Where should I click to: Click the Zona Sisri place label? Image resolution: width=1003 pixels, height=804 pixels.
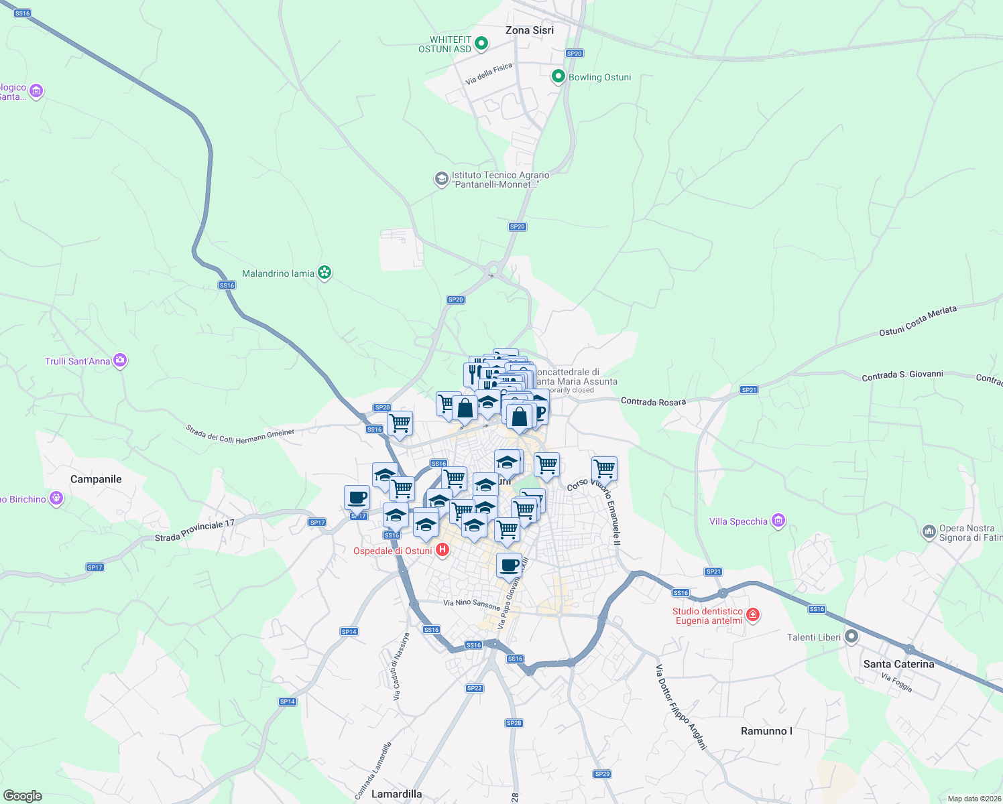click(x=529, y=30)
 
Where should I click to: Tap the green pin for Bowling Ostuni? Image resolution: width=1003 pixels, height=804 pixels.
click(x=558, y=77)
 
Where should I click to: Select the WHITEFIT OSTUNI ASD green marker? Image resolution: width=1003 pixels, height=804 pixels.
click(x=481, y=44)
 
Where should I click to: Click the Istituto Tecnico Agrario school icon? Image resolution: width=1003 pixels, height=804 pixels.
click(x=441, y=179)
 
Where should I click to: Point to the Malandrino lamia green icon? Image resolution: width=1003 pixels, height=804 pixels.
click(x=324, y=273)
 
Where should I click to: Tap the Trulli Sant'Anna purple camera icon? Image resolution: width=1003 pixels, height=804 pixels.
click(x=120, y=361)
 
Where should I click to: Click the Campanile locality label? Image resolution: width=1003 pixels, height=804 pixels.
click(x=96, y=479)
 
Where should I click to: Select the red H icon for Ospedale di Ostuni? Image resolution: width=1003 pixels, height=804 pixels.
click(x=442, y=551)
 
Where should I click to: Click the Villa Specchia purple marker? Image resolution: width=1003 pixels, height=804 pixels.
click(x=778, y=521)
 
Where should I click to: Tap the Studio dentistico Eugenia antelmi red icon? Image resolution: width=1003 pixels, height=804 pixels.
click(x=753, y=615)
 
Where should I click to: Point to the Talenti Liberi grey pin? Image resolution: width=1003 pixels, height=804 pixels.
click(x=851, y=636)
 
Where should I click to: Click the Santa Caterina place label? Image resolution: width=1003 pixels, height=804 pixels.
click(x=898, y=664)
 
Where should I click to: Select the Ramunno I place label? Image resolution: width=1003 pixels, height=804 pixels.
click(x=766, y=731)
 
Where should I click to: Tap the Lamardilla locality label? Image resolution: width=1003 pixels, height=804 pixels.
click(x=396, y=794)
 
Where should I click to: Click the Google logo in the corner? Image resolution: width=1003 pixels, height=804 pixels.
click(x=22, y=796)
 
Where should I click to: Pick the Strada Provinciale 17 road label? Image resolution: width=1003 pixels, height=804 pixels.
click(x=194, y=531)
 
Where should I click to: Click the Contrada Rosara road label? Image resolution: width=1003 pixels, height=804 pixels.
click(x=653, y=401)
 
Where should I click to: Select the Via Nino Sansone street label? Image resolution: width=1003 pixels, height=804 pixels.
click(x=471, y=604)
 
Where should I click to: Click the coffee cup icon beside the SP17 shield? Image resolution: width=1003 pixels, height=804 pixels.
click(x=357, y=498)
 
